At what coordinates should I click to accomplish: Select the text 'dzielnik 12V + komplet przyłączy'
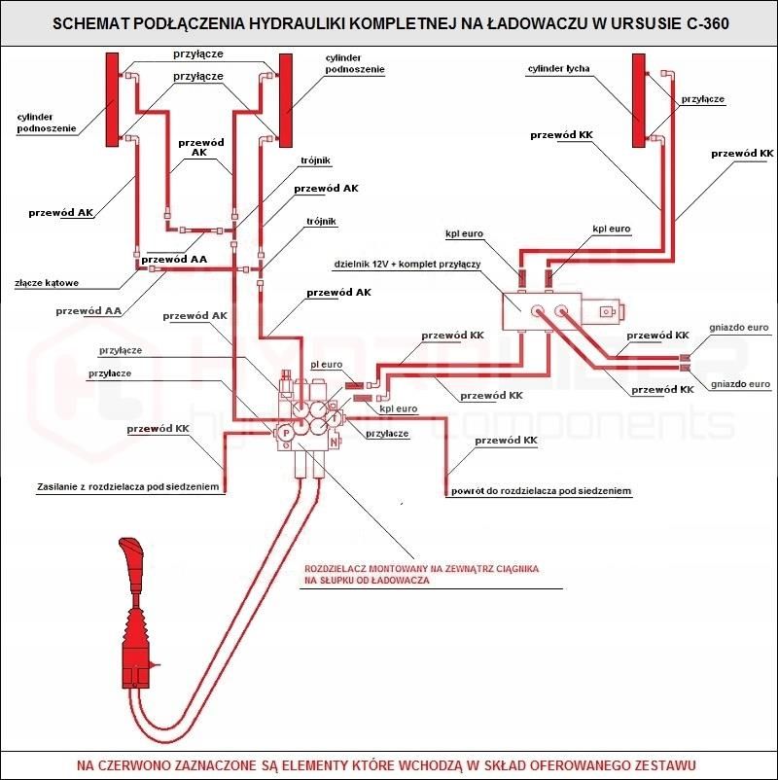[407, 265]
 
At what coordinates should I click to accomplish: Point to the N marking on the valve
[335, 442]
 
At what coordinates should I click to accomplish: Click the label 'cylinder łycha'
[559, 69]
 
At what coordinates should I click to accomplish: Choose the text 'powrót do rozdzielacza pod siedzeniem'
[541, 492]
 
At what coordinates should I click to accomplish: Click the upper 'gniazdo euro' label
[739, 328]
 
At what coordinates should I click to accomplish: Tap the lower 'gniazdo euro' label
[739, 384]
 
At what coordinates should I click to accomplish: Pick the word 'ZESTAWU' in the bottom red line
[661, 764]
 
